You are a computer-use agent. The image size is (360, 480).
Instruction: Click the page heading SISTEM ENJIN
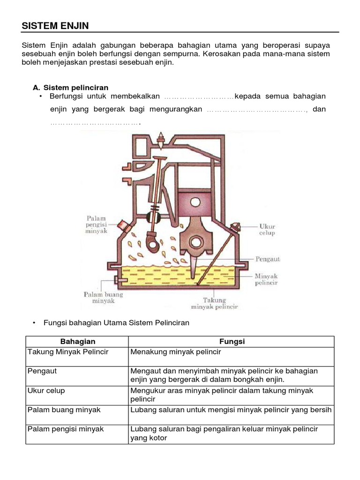[x=55, y=26]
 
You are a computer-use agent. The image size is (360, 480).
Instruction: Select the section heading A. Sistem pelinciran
[x=70, y=88]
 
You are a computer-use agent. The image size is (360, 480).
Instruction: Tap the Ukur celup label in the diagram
[x=267, y=230]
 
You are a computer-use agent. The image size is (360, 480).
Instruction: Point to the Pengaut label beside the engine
[x=268, y=258]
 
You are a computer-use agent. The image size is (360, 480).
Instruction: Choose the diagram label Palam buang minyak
[x=104, y=298]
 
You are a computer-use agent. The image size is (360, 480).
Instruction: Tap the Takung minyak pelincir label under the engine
[x=214, y=303]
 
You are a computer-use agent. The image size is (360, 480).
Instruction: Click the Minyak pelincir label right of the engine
[x=266, y=279]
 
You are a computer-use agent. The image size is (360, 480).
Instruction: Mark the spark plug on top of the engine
[x=161, y=136]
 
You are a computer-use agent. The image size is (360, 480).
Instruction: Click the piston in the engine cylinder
[x=196, y=203]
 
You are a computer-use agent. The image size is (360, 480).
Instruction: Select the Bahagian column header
[x=78, y=342]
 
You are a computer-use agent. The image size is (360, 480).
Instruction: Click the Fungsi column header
[x=232, y=342]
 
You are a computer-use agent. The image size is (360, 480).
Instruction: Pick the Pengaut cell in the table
[x=43, y=371]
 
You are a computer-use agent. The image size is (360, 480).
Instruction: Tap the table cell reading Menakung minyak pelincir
[x=176, y=352]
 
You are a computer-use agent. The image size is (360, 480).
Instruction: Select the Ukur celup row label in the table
[x=46, y=390]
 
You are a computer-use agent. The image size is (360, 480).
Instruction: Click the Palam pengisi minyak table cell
[x=66, y=429]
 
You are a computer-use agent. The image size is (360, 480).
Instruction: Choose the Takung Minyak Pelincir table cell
[x=68, y=352]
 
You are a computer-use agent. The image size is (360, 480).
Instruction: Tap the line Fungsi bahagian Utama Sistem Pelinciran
[x=116, y=323]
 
